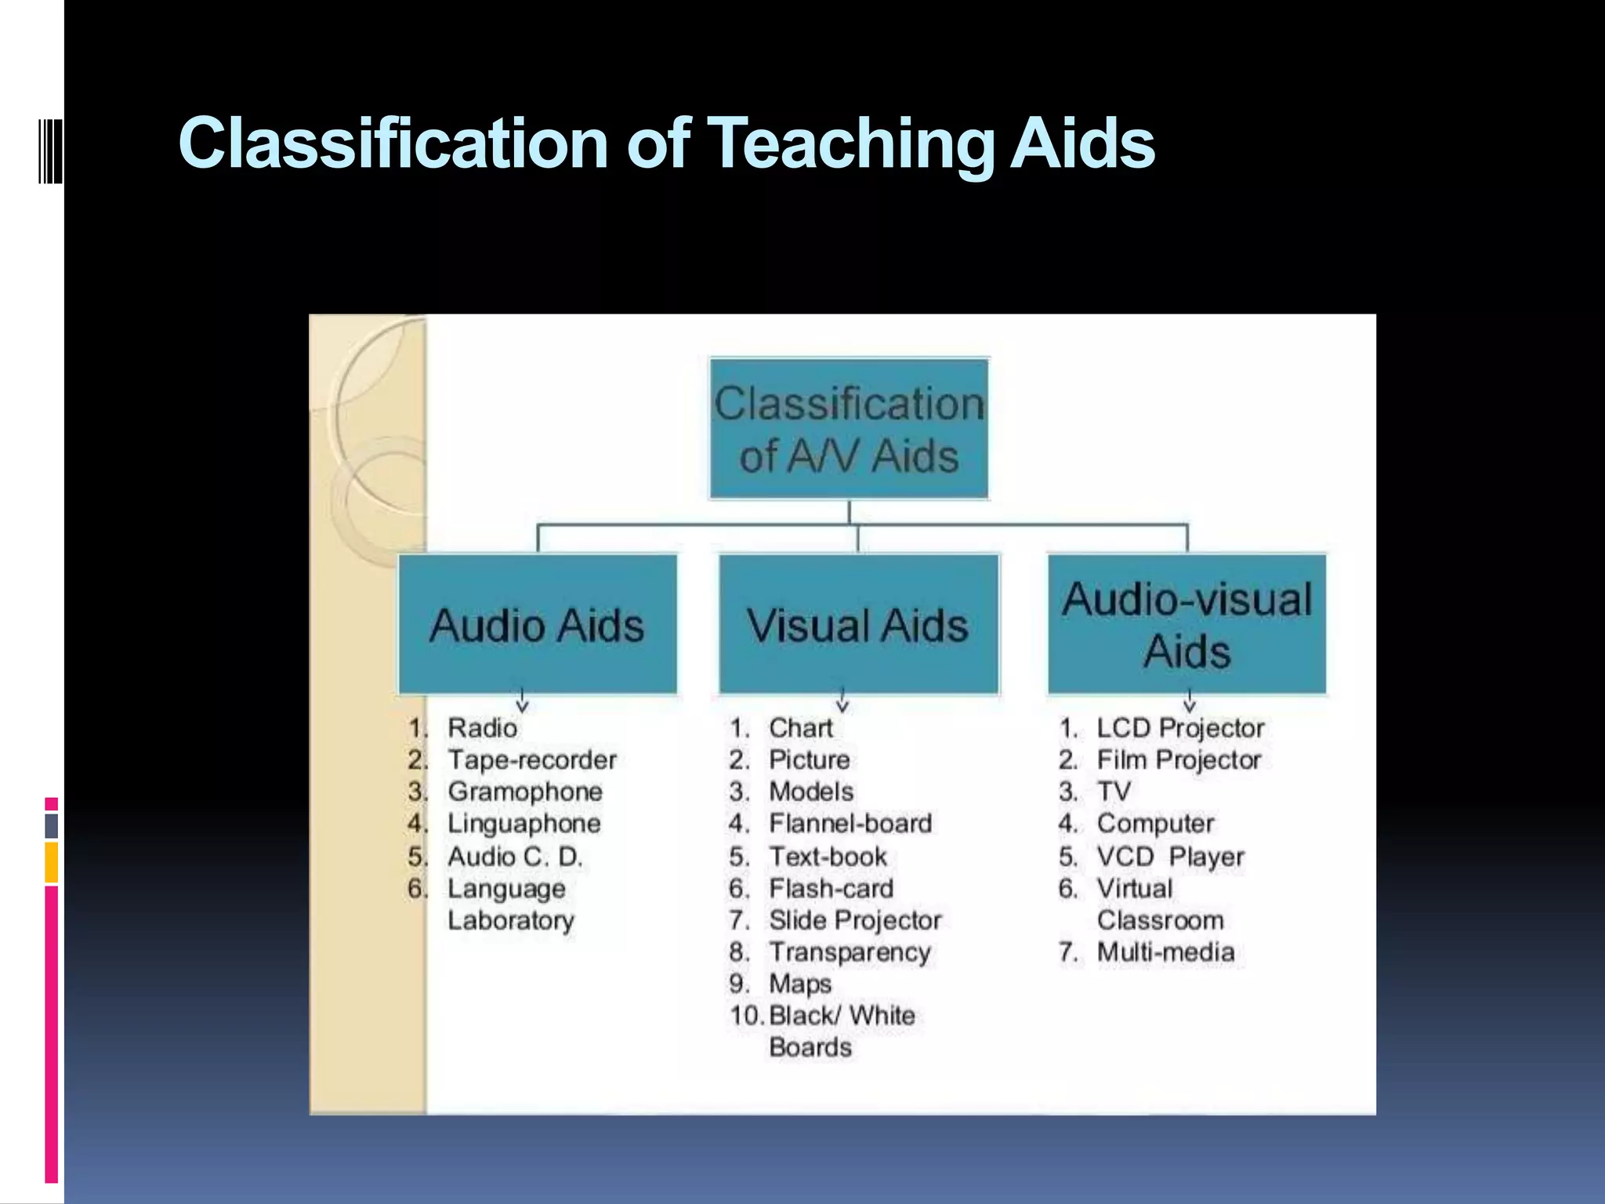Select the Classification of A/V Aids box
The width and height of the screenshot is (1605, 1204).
coord(849,429)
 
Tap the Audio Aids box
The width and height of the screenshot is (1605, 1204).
coord(538,624)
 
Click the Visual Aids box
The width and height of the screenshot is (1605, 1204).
coord(858,624)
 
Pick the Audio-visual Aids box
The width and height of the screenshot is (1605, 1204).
coord(1187,624)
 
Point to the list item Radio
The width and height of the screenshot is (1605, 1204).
coord(482,728)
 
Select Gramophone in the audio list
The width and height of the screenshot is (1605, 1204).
coord(525,792)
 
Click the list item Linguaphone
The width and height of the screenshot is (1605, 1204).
coord(524,824)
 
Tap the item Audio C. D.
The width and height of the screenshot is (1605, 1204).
coord(515,857)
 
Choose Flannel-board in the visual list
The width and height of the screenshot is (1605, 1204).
coord(850,824)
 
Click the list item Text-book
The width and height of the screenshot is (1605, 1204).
coord(828,857)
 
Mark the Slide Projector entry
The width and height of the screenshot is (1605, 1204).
coord(855,920)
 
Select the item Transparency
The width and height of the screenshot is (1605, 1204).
coord(850,952)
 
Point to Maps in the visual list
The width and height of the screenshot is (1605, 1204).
coord(800,984)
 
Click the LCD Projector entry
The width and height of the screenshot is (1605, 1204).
coord(1180,728)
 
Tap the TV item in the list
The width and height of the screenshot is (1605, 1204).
coord(1114,792)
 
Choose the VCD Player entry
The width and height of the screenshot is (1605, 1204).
coord(1170,857)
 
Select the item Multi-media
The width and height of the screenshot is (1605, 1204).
coord(1165,952)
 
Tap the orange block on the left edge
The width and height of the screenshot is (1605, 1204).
coord(51,862)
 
